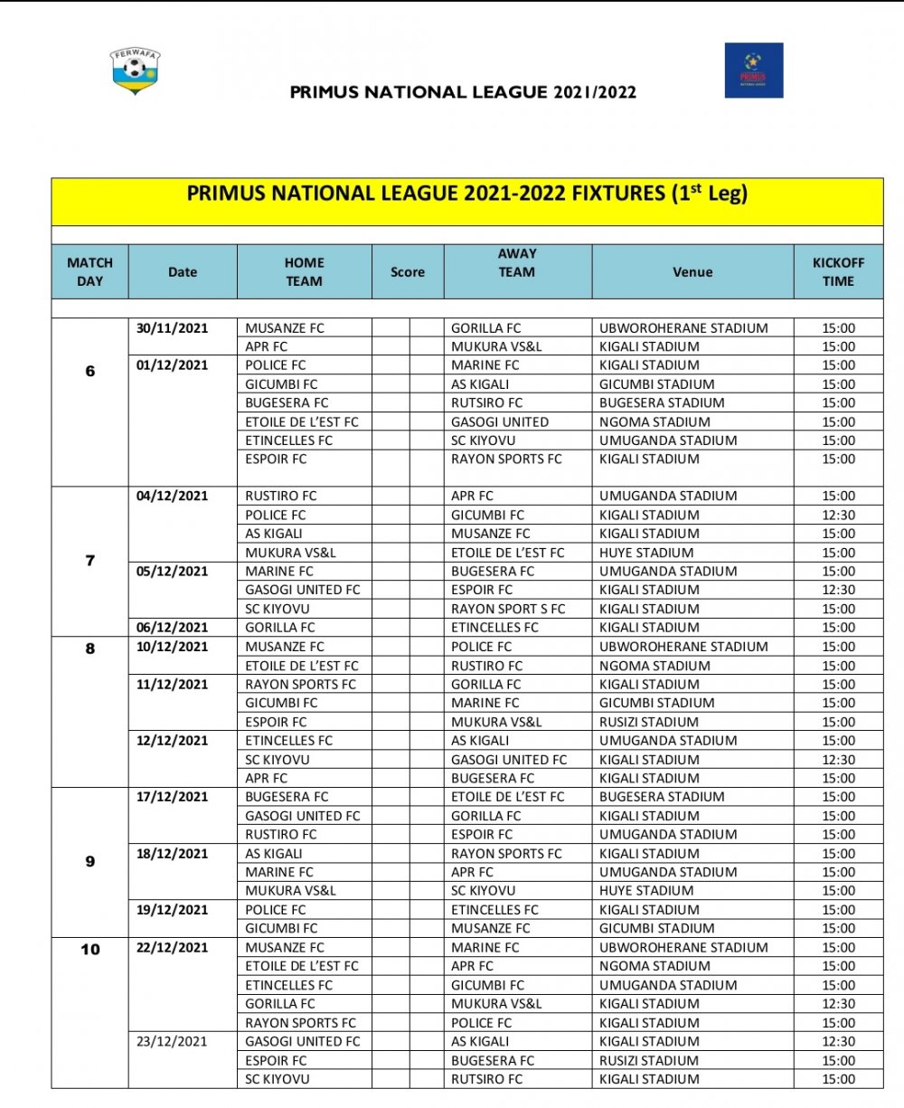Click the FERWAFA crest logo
(136, 71)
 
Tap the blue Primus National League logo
(753, 70)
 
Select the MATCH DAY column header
(89, 271)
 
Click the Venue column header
(692, 271)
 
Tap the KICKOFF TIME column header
(838, 271)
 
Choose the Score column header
(408, 271)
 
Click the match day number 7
(89, 561)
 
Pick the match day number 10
(90, 949)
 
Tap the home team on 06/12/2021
(280, 627)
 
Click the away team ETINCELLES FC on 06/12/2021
(494, 627)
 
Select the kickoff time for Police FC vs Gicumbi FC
(838, 515)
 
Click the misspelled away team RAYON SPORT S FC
(508, 609)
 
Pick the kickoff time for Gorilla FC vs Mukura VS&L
(838, 1004)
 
